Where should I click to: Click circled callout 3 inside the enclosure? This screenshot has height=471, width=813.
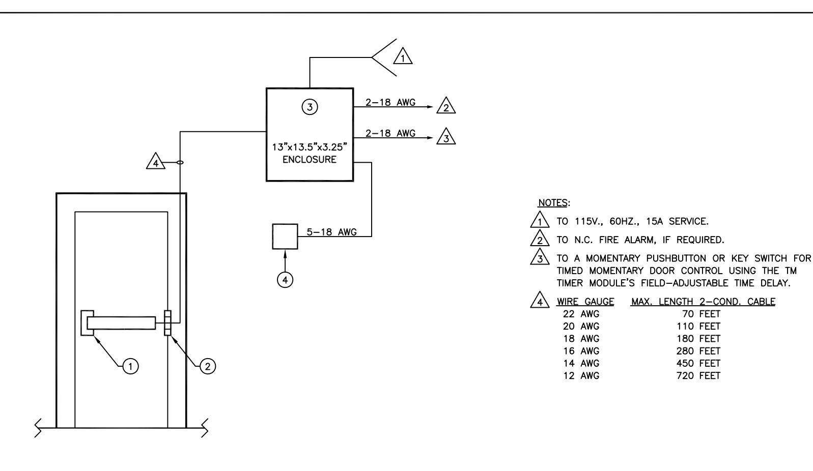pos(310,107)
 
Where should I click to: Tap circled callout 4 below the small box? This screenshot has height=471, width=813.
pos(285,280)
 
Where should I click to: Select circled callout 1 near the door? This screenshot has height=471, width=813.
pos(130,366)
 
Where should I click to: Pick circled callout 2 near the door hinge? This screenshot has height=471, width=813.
pos(208,366)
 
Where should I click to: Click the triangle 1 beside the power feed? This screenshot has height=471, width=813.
pos(403,56)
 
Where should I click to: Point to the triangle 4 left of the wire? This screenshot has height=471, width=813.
pos(156,161)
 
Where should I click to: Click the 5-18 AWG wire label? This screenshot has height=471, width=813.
pos(331,232)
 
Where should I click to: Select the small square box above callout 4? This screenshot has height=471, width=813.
pos(285,237)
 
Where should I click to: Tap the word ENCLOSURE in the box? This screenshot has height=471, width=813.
pos(310,160)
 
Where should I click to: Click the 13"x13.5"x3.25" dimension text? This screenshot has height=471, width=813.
pos(310,147)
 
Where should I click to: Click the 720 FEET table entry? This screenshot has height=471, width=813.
pos(698,376)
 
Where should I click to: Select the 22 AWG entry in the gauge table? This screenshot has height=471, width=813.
pos(581,314)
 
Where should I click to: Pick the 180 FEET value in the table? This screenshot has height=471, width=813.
pos(698,339)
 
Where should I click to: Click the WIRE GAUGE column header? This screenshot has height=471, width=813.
pos(585,302)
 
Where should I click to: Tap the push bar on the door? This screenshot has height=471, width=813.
pos(121,323)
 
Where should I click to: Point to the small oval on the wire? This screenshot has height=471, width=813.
pos(180,162)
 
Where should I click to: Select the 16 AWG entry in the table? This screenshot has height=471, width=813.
pos(581,351)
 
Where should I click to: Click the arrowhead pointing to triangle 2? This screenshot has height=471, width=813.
pos(431,107)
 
